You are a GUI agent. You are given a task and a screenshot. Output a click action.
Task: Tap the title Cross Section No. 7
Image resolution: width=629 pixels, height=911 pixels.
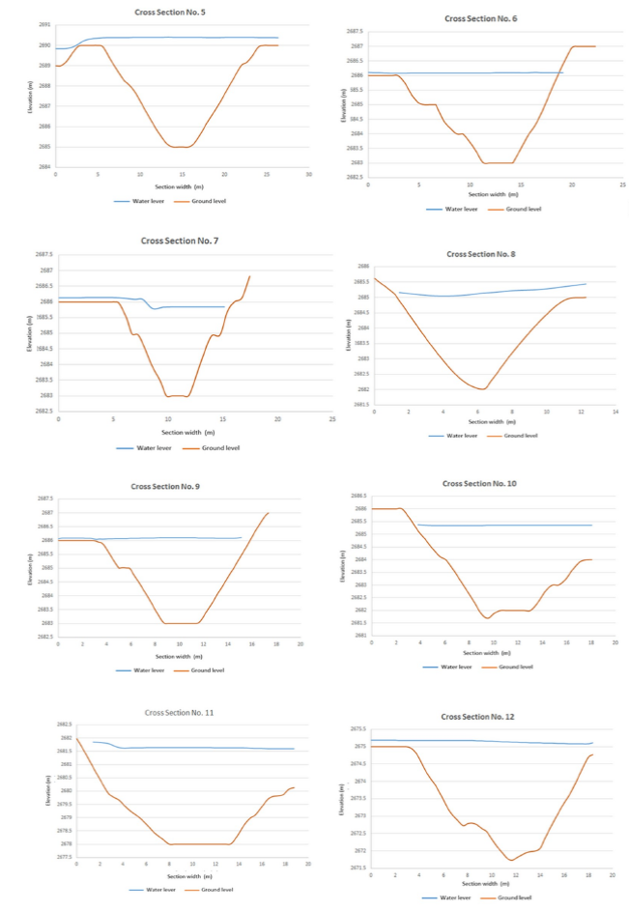[180, 240]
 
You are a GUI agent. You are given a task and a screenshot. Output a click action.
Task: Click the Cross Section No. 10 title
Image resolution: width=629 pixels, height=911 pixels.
[479, 483]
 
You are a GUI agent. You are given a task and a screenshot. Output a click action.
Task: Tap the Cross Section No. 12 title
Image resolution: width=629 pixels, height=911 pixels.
[477, 717]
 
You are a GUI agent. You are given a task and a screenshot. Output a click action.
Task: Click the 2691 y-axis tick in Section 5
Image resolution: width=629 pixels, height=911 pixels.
[44, 24]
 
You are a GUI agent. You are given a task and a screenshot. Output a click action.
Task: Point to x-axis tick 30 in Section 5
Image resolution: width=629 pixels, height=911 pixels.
[308, 174]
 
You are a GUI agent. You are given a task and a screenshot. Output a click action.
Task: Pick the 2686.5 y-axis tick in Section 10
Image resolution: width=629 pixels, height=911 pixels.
[357, 495]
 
